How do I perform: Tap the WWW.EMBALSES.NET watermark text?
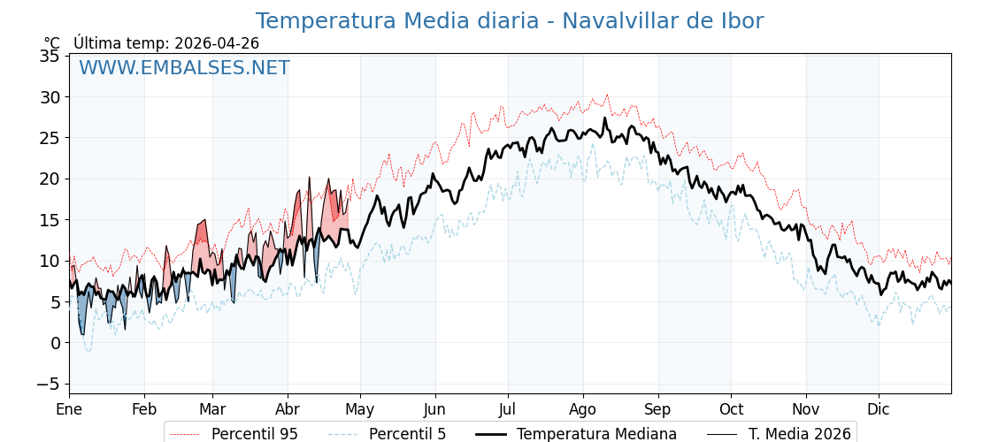tap(184, 68)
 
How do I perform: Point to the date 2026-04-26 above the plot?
tap(217, 43)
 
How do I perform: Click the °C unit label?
tap(52, 43)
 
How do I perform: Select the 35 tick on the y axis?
tap(50, 57)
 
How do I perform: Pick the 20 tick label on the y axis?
tap(50, 179)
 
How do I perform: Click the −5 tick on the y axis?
tap(48, 384)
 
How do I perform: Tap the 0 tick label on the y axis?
tap(55, 343)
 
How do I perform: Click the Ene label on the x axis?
tap(69, 409)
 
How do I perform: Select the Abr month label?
tap(288, 409)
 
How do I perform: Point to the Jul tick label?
tap(508, 409)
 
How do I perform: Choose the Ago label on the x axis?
tap(583, 409)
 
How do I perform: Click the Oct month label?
tap(731, 409)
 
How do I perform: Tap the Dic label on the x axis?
tap(879, 409)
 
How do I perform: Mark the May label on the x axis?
tap(360, 409)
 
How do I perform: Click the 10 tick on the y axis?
tap(50, 261)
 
